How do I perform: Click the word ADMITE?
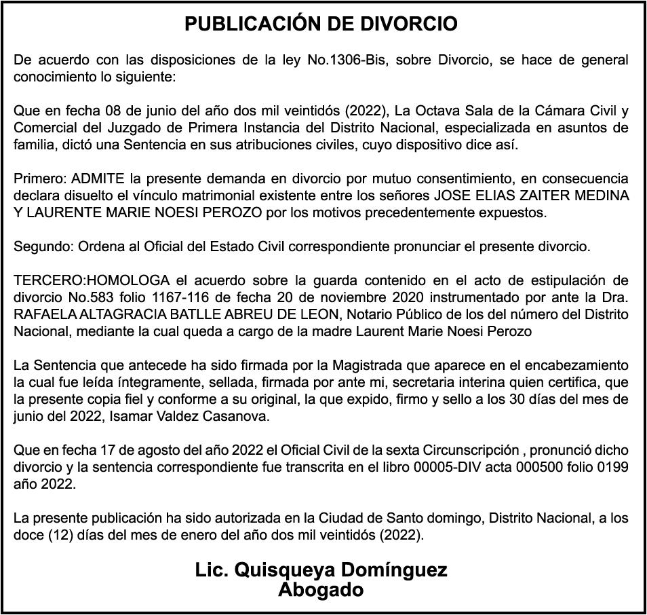[98, 179]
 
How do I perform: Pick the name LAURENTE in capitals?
[57, 212]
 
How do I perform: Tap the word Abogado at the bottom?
[321, 589]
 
